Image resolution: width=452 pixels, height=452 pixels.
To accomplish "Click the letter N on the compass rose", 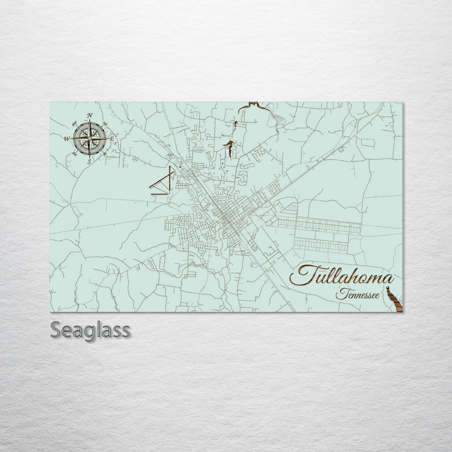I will [x=90, y=116].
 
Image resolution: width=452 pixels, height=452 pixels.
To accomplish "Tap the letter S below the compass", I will [x=89, y=161].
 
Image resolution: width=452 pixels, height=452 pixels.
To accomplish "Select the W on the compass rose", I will [x=67, y=139].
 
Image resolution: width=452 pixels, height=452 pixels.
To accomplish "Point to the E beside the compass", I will [x=112, y=139].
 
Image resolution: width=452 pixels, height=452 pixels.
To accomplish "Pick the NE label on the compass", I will [x=105, y=124].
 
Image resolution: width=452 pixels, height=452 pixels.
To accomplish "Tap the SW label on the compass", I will [x=74, y=154].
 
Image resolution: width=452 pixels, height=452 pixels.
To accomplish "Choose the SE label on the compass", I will [x=105, y=154].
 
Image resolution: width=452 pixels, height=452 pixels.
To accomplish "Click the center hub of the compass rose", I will [x=90, y=138].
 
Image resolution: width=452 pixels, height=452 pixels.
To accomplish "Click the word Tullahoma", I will [x=342, y=276].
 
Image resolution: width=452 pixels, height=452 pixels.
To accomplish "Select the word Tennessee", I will [x=358, y=295].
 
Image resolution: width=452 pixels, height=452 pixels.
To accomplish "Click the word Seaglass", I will [x=90, y=330].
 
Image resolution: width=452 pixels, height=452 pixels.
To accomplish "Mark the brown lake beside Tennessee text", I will [x=394, y=300].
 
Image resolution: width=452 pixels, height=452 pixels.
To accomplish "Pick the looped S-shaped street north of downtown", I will [x=242, y=179].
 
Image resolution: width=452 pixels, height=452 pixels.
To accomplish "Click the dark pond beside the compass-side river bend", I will [x=229, y=146].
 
